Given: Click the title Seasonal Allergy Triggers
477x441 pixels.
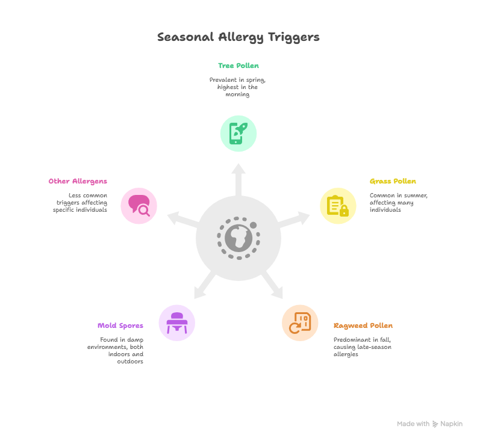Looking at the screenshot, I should coord(238,37).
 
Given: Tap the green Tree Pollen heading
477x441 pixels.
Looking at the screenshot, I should coord(238,66).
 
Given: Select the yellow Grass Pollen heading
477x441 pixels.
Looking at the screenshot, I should coord(393,181).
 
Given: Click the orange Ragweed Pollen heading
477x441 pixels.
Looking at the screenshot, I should coord(363,325).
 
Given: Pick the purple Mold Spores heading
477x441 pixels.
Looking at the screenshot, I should coord(120,325).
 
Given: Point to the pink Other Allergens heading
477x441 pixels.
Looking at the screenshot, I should coord(78,181).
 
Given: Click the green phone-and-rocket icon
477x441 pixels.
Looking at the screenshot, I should coord(238,134).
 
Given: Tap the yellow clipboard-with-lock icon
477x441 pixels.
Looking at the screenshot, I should coord(338,206).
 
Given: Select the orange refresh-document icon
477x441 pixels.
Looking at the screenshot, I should coord(300,322).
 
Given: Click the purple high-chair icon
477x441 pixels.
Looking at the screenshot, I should coord(176,322).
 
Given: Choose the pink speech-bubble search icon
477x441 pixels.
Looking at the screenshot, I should coord(139,206).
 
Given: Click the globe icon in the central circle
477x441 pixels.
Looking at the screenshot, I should coord(238,238).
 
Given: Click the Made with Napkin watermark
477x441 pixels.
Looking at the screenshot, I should coord(429,424).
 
